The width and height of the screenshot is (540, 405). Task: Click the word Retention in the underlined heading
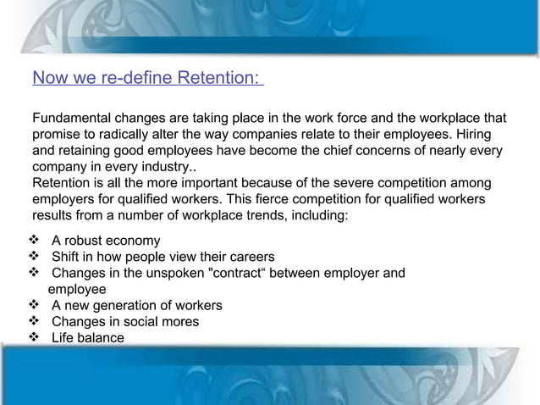217,79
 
